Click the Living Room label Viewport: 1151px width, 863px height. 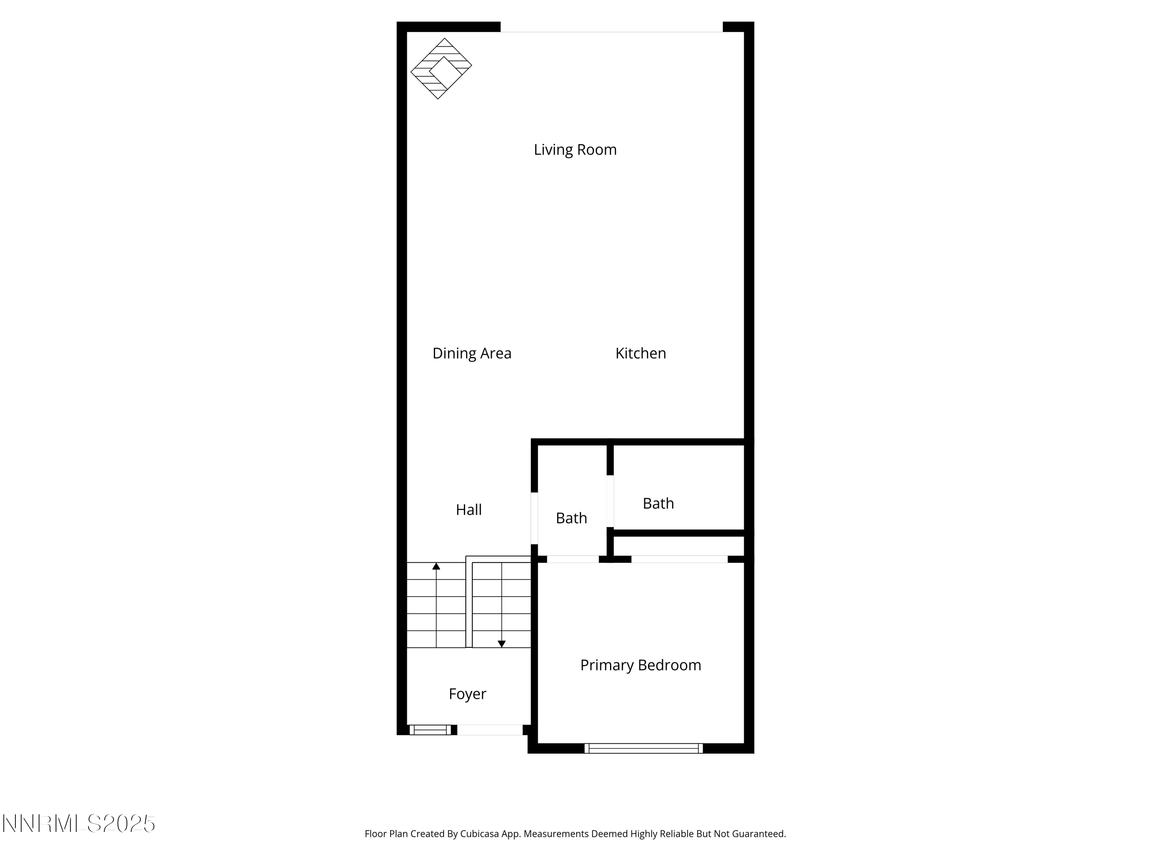575,150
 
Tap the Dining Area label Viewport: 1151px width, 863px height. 472,353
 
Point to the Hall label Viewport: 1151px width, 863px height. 468,510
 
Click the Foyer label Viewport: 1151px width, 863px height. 467,694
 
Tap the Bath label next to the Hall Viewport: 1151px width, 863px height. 571,518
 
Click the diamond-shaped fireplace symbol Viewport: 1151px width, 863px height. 441,68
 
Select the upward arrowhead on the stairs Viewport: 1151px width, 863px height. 436,566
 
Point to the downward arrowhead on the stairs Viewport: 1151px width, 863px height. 501,644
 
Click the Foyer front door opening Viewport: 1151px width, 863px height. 489,730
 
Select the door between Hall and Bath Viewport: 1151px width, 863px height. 534,518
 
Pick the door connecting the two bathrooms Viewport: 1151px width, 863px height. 610,501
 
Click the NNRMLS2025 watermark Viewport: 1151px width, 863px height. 79,823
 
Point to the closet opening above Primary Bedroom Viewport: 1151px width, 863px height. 679,559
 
